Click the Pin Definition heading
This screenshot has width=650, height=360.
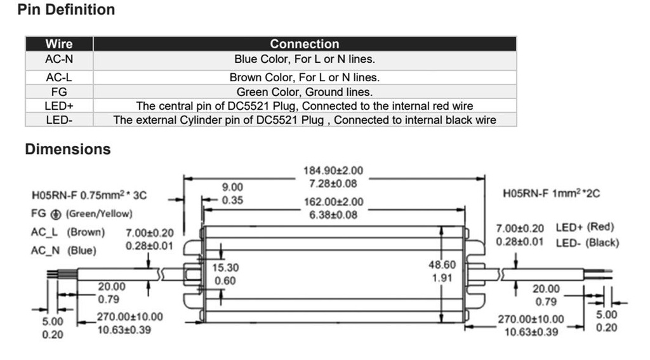[x=67, y=10]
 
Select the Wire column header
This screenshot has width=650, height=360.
[x=59, y=44]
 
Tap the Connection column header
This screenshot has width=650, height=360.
[x=305, y=44]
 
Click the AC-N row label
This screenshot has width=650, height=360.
[x=59, y=59]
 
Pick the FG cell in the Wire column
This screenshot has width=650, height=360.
[x=59, y=92]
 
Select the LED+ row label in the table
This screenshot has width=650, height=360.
[x=59, y=106]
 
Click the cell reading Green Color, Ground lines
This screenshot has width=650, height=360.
[x=305, y=92]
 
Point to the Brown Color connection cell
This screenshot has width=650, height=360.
[x=305, y=77]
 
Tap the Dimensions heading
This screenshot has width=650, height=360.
[x=68, y=149]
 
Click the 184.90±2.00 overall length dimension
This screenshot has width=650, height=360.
[x=333, y=171]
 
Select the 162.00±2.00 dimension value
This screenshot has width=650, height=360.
[x=333, y=202]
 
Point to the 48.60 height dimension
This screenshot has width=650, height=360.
[x=442, y=264]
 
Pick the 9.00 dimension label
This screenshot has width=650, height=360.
[x=232, y=187]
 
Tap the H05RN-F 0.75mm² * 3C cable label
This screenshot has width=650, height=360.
[x=93, y=196]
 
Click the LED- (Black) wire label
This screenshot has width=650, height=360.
[x=587, y=243]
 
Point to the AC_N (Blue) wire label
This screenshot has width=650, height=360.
[x=64, y=250]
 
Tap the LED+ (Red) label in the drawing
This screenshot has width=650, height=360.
[x=585, y=227]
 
